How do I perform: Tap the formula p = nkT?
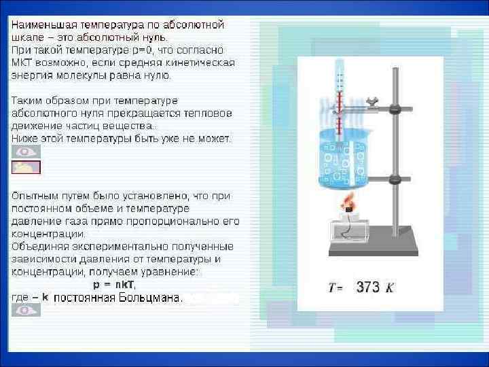click(x=114, y=284)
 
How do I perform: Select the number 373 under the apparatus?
click(x=368, y=287)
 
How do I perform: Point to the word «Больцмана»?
click(x=150, y=297)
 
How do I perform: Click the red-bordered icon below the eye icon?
click(x=26, y=167)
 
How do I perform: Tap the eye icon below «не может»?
click(x=26, y=152)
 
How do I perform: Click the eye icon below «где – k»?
click(x=26, y=310)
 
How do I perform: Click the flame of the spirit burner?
click(x=349, y=203)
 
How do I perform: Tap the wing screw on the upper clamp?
click(x=372, y=101)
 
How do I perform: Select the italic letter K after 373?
click(x=390, y=287)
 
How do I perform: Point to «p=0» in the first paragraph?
click(x=137, y=50)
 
